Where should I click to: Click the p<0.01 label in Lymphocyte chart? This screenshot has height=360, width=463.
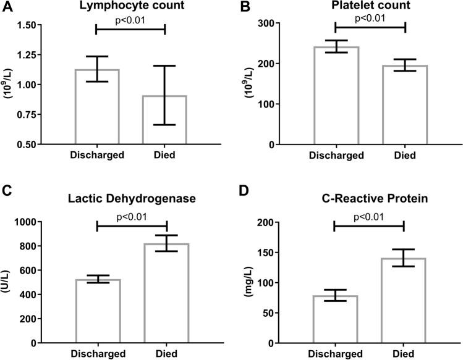coord(130,19)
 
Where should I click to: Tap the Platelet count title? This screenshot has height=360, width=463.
coord(370,7)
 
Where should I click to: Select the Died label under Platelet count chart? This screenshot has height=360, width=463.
coord(404,156)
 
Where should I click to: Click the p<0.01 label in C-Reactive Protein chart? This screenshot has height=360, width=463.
coord(368,216)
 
